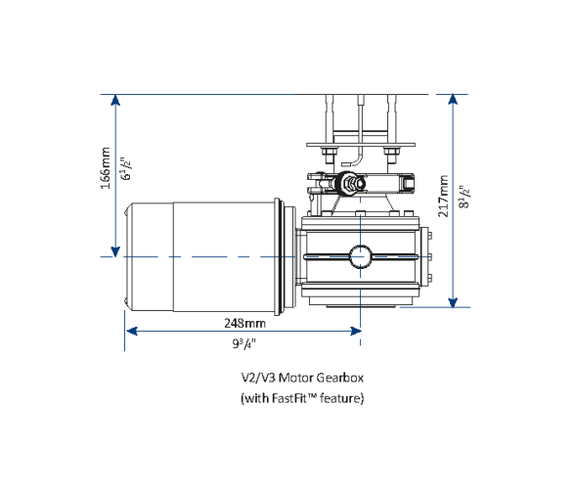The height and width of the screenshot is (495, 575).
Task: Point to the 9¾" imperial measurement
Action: pos(243,343)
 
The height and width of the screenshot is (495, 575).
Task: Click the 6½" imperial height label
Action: pos(124,170)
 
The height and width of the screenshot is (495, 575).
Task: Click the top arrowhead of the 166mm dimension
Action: pos(115,100)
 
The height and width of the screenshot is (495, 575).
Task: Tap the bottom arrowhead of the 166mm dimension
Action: pos(115,251)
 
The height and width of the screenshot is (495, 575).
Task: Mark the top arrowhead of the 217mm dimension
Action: pos(453,100)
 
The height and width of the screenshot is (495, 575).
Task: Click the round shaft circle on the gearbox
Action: pos(361,256)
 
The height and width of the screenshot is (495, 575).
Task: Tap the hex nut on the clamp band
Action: pos(349,183)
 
